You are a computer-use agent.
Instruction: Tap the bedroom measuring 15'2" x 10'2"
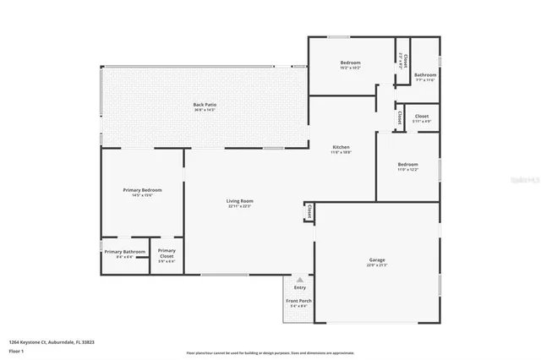coord(350,64)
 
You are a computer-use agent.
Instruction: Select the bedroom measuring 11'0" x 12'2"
coord(407,166)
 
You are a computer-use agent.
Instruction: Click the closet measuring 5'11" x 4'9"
coord(421,118)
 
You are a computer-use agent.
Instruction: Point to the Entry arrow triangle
coord(299,279)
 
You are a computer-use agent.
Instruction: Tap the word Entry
coord(299,288)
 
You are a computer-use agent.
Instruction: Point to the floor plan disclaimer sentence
coord(270,352)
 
